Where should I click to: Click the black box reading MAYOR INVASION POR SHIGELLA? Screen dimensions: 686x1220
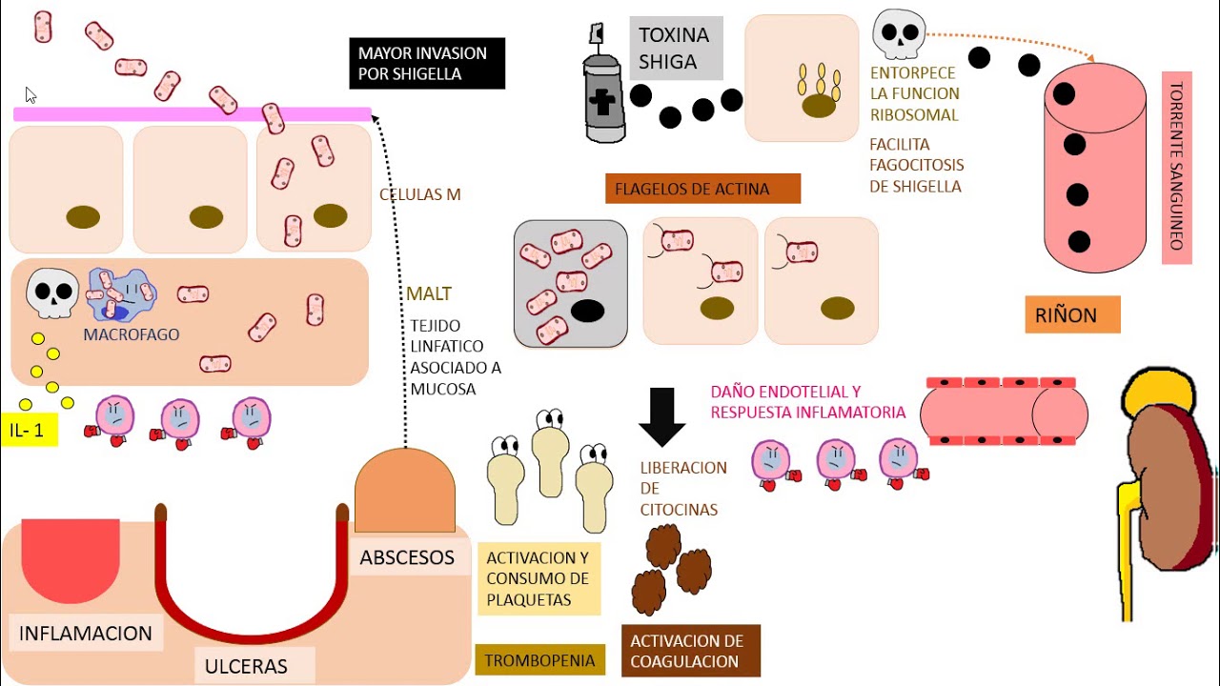point(426,63)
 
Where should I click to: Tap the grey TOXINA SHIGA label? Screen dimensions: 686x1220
point(675,49)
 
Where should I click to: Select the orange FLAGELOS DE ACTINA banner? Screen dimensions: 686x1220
point(702,189)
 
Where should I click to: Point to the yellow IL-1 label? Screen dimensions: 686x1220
point(29,430)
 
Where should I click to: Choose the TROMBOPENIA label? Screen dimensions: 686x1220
point(539,659)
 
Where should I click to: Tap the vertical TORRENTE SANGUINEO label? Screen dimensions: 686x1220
point(1177,167)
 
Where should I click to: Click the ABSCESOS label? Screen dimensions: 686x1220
point(407,557)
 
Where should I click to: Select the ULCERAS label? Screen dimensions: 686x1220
point(246,665)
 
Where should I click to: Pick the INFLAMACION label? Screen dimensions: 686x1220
point(86,633)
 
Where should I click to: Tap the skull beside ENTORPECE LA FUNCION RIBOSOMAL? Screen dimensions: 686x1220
point(899,34)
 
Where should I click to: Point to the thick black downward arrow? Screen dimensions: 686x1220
point(661,415)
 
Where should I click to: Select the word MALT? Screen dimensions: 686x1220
point(428,293)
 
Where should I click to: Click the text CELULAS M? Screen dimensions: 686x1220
point(419,194)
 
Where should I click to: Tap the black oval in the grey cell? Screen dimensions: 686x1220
point(587,312)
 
